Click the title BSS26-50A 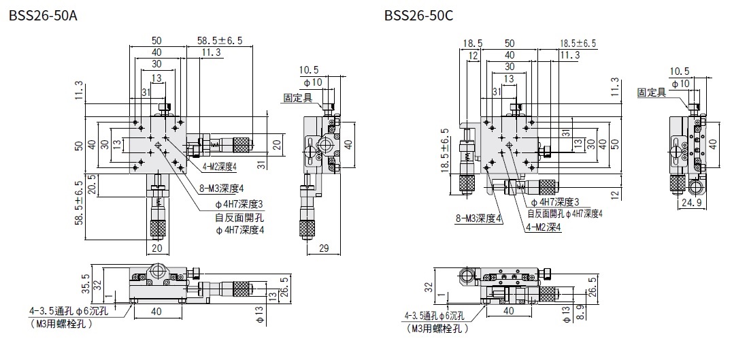point(42,15)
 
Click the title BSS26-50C point(418,15)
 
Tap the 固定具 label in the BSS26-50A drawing point(297,98)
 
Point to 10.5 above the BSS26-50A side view point(308,69)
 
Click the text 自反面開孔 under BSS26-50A point(239,218)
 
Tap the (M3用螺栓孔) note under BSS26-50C point(438,329)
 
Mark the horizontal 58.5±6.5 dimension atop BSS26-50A point(220,41)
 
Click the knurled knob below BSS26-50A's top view point(157,228)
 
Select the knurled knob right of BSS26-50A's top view point(242,144)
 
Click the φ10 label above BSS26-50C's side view point(680,82)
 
